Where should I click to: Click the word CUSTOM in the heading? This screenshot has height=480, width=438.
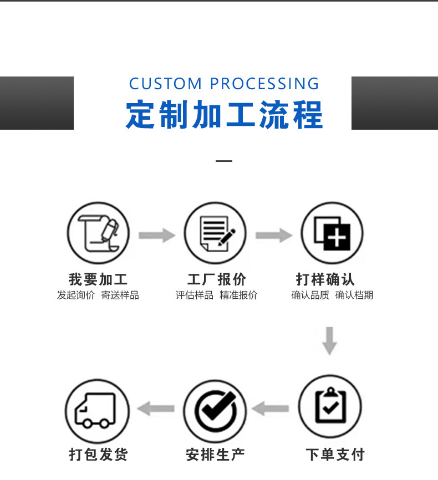pos(165,84)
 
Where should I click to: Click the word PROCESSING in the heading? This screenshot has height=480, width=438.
pos(264,84)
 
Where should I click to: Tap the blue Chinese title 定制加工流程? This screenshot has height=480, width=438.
pos(224,115)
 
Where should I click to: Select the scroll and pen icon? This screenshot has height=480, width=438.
pos(99,233)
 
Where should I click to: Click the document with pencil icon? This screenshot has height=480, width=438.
pos(216,233)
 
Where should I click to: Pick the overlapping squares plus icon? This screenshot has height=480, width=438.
pos(332,233)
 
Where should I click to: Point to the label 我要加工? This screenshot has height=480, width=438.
pos(98,279)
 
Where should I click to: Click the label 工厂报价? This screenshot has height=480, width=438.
pos(216,279)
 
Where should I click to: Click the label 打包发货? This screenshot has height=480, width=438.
pos(98,455)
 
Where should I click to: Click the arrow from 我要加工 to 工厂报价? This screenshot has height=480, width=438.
pos(156,236)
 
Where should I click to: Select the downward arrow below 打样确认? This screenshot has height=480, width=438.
pos(330,340)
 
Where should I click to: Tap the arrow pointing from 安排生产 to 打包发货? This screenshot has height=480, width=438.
pos(156,410)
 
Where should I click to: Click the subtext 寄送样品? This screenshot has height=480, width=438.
pos(120,295)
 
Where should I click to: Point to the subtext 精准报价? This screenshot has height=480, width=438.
pos(238,295)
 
